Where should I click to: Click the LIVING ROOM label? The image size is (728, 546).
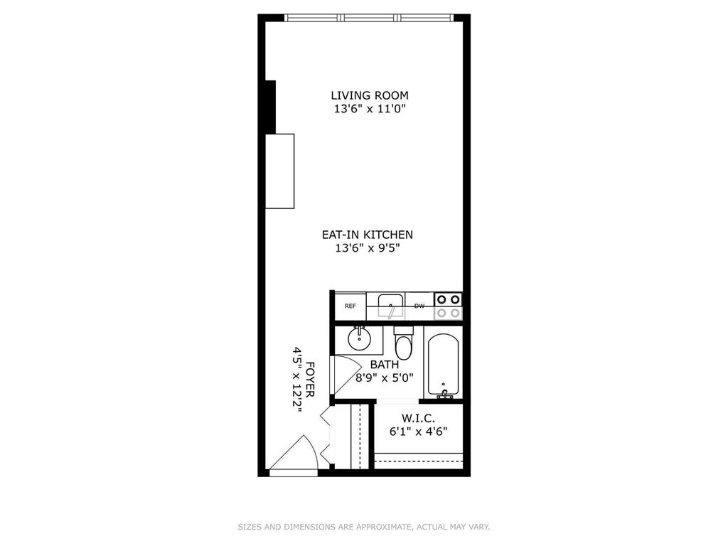pos(369,95)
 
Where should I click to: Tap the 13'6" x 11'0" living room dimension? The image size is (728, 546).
pos(369,109)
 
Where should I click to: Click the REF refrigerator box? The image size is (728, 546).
pos(350,306)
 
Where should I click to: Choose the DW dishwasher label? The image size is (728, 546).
pos(419,306)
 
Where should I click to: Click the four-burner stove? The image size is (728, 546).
pos(448,306)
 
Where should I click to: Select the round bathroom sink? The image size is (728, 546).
pos(360,338)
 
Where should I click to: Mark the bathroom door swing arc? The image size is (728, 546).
pos(347,370)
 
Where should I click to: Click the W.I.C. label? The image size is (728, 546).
pos(418,417)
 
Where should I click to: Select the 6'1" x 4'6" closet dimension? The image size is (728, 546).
pos(418,431)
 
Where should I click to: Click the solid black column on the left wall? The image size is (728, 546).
pos(270,107)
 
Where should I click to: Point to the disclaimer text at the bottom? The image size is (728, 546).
pos(363,527)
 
